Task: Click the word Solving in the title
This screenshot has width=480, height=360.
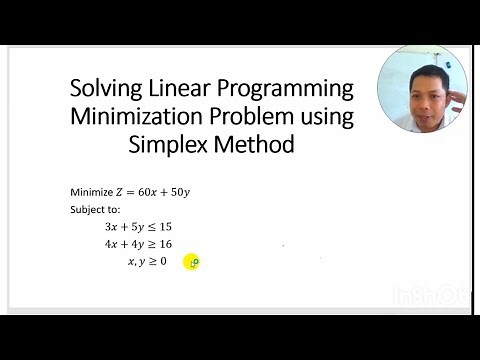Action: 105,88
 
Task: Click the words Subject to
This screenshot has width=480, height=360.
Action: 95,210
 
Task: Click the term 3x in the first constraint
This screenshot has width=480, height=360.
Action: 111,227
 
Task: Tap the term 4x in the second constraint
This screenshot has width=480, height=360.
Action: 111,244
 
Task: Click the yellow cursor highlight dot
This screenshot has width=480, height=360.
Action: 192,262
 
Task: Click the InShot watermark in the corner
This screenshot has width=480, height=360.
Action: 448,295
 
